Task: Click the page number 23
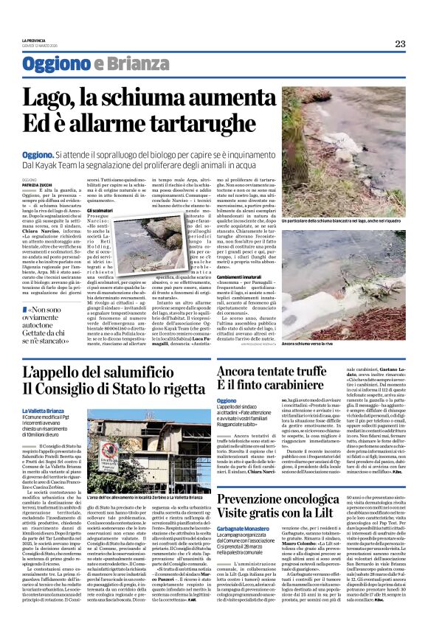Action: coord(399,44)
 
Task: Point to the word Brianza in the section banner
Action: coord(125,64)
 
